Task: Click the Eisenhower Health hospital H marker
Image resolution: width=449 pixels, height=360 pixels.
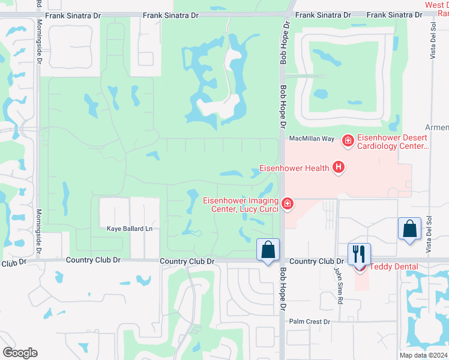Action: tap(339, 167)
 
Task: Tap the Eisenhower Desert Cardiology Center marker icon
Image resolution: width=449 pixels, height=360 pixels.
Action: tap(347, 141)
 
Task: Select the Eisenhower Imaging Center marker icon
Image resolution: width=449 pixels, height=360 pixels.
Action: tap(288, 205)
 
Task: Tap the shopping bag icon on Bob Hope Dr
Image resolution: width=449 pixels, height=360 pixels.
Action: tap(268, 250)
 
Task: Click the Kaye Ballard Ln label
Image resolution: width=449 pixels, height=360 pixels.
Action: tap(130, 229)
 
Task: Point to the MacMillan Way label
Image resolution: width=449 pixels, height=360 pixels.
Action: tap(311, 139)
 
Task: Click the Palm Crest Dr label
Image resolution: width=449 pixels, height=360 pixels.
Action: tap(310, 322)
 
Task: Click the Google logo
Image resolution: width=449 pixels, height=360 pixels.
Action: tap(20, 353)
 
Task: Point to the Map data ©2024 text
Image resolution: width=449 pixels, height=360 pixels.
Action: tap(424, 355)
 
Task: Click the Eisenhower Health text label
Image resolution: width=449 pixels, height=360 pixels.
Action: tap(294, 168)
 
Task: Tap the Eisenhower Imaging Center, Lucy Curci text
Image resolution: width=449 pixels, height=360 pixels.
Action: tap(240, 205)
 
